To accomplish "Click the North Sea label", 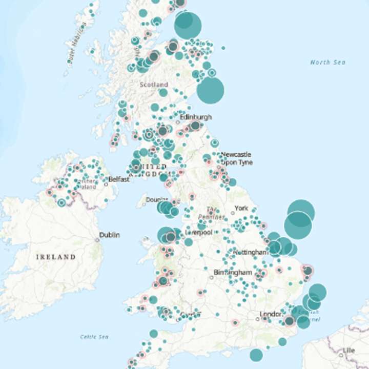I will [x=327, y=63].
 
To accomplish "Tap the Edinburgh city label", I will [x=196, y=117].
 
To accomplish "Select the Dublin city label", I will [x=109, y=235].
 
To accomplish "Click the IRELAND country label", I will [x=56, y=257].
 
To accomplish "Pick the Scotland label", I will [x=154, y=84].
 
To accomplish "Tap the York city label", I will [x=241, y=209].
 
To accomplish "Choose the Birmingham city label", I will [x=233, y=272].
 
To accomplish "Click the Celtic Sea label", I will [x=94, y=337].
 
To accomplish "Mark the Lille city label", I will [x=349, y=350].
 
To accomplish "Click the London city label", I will [x=270, y=314].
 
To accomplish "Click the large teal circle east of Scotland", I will [x=211, y=91].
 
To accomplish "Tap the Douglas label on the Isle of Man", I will [x=157, y=199].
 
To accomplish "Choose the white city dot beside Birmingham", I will [x=211, y=277].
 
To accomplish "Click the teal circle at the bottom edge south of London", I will [x=256, y=355].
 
